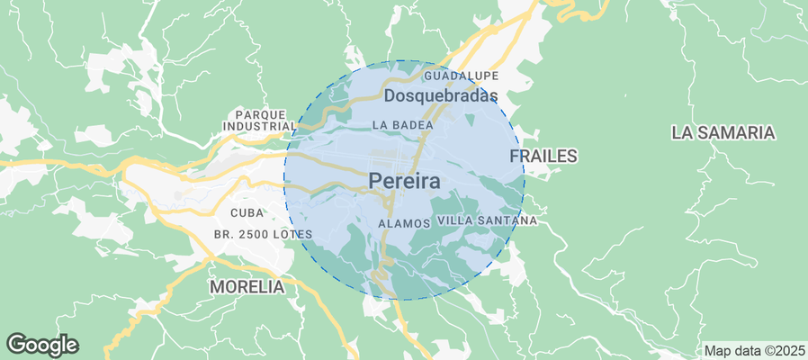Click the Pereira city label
pos(404,182)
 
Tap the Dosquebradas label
pos(441,95)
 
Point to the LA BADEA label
pos(398,125)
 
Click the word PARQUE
pos(260,114)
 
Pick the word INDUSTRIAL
pos(260,127)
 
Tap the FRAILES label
pos(543,156)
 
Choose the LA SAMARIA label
pos(723,132)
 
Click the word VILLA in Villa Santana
pos(455,220)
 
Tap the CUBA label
pos(247,213)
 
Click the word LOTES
pos(293,234)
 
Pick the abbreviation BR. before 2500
pos(223,234)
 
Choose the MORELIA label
pos(247,287)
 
